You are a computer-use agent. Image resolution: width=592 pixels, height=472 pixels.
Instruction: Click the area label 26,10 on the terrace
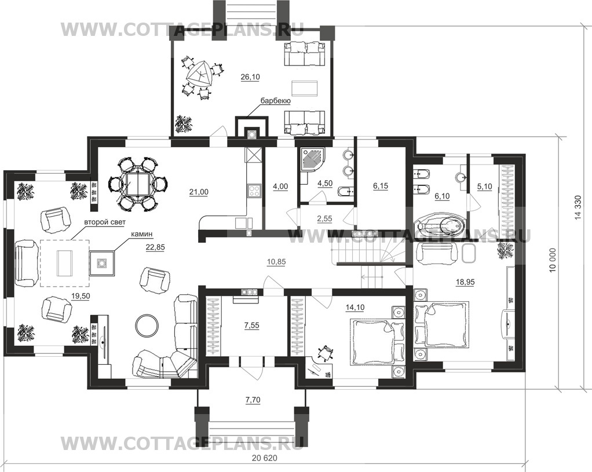click(250, 77)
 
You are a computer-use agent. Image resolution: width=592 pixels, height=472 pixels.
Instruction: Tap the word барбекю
click(275, 101)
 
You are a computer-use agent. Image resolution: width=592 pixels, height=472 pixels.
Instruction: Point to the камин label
click(141, 234)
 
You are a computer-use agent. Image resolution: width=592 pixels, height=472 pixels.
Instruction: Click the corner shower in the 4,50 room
click(313, 160)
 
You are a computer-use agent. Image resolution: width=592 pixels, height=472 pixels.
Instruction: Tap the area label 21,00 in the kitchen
click(199, 192)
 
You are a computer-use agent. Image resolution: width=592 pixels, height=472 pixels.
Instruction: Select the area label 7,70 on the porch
click(253, 400)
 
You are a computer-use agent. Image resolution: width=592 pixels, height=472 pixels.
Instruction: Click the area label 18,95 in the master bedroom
click(465, 282)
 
